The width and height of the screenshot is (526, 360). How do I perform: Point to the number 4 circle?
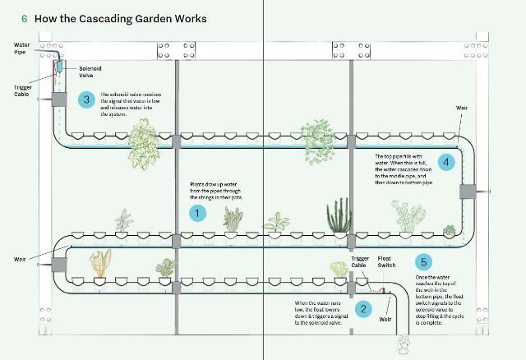click(445, 161)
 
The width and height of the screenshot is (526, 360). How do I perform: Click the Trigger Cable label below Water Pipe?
click(23, 90)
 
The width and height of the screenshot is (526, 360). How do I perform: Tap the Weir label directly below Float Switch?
click(384, 318)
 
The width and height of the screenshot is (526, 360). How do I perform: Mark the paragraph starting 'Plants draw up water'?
click(217, 192)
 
